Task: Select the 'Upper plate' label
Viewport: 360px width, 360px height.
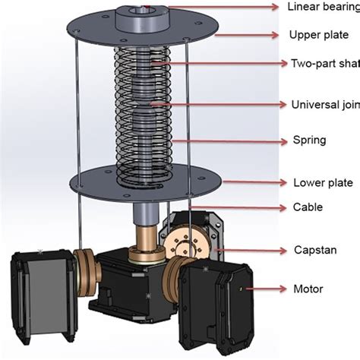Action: coord(318,35)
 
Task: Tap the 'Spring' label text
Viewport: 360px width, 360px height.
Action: coord(310,141)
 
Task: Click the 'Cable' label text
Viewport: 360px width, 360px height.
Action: coord(308,207)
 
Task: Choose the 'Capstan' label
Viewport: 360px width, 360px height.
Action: coord(314,249)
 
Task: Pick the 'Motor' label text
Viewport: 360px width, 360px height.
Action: coord(308,289)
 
